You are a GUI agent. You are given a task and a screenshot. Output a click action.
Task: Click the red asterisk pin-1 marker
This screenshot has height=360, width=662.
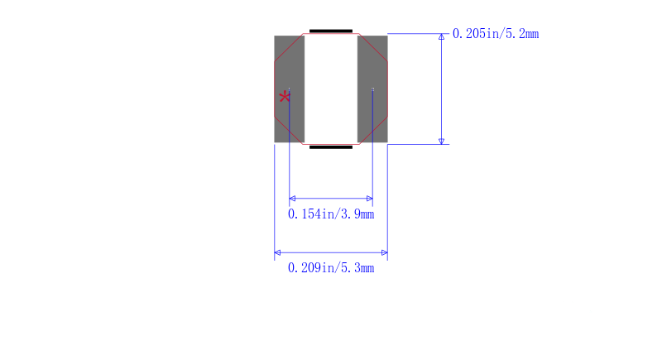point(285,98)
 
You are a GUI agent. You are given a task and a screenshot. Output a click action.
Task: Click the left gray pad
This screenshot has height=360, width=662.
point(289,89)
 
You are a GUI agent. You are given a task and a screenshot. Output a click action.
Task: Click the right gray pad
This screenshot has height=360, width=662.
point(372,89)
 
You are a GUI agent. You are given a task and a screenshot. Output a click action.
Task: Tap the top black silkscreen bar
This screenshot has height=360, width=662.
point(331,31)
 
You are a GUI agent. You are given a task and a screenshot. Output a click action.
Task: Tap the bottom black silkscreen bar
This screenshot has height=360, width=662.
point(331,147)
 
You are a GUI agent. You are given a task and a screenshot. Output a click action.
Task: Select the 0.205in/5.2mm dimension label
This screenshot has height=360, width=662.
point(496,34)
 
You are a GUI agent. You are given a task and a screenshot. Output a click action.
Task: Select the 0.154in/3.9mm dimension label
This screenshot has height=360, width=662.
point(331,214)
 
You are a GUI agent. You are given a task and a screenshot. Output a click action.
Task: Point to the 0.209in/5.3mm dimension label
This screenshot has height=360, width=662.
point(331,267)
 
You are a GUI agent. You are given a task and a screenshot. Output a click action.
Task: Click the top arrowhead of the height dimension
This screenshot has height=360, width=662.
point(442,36)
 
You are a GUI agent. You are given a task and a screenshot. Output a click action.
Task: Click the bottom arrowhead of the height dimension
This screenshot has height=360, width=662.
point(442,142)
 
